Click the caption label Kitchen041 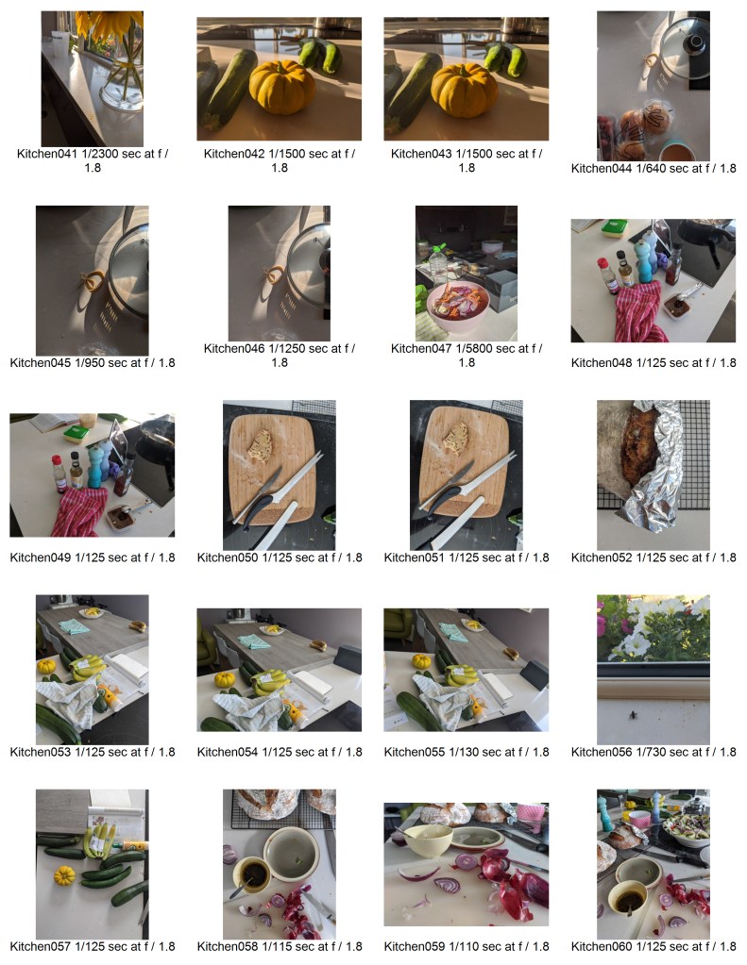(46, 154)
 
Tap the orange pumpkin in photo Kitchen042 (281, 88)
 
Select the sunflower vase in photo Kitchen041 (122, 85)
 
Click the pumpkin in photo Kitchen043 (464, 90)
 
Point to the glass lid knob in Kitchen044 (697, 42)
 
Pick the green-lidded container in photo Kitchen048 (614, 227)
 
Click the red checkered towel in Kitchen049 (79, 511)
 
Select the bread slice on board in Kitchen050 (260, 445)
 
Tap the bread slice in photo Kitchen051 (456, 438)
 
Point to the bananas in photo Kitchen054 (271, 681)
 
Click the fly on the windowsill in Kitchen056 (634, 714)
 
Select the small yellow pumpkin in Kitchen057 (64, 875)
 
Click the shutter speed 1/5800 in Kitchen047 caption (471, 348)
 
